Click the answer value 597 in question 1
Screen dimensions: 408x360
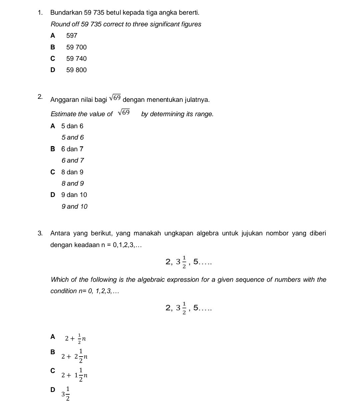coord(72,36)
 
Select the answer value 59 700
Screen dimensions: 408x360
coord(76,47)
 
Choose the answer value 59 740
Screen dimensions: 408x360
coord(76,59)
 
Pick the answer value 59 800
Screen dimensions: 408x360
coord(76,70)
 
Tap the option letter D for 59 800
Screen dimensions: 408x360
coord(52,70)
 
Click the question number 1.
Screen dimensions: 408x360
coord(40,13)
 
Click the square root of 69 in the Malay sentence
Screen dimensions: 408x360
coord(115,98)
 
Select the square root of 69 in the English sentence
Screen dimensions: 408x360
coord(124,113)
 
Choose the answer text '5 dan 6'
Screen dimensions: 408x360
coord(72,126)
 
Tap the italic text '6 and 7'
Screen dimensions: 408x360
coord(73,161)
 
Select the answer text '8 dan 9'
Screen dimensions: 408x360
coord(72,172)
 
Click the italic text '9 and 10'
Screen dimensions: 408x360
coord(75,207)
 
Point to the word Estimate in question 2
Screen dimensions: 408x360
coord(63,114)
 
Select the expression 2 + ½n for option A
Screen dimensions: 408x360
coord(76,339)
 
